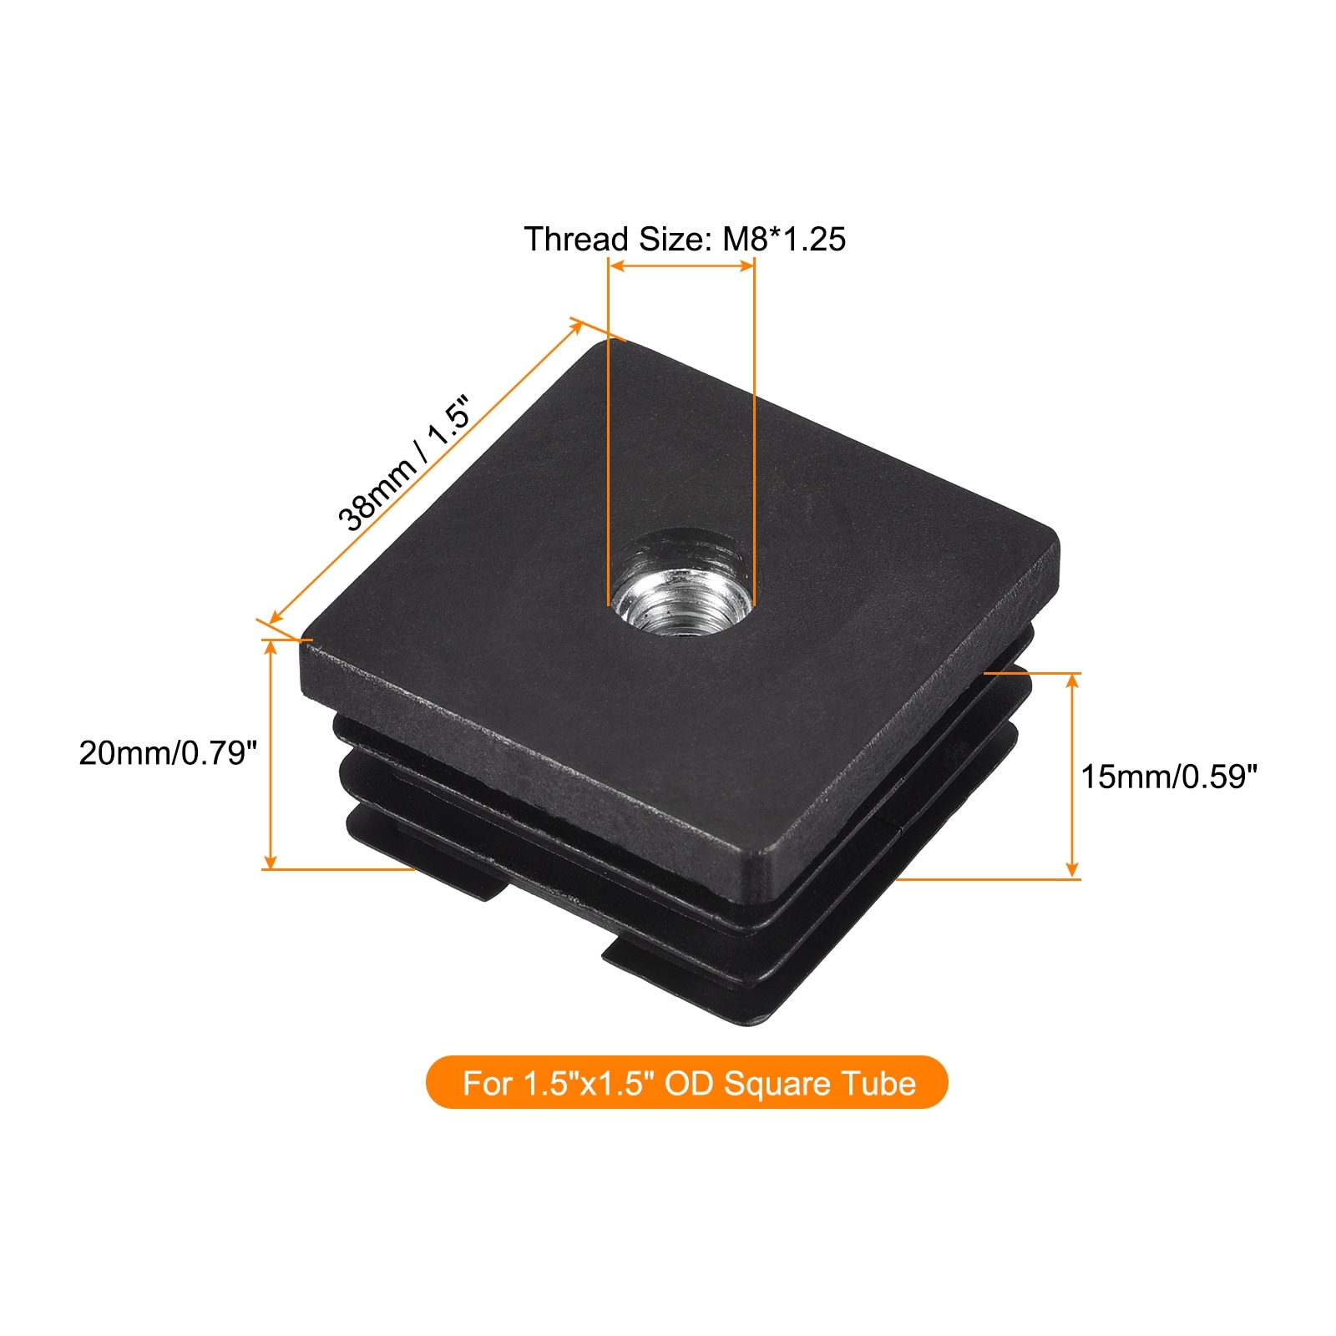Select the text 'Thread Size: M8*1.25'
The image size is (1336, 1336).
[x=685, y=239]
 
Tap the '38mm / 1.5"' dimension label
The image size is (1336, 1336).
[x=405, y=463]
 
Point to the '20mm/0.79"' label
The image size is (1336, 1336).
[x=168, y=753]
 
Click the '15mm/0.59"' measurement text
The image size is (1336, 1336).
[x=1169, y=777]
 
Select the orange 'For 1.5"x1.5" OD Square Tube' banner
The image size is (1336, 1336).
[x=687, y=1083]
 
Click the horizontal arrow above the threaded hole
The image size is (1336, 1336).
[x=681, y=266]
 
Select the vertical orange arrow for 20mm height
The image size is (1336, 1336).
[x=270, y=755]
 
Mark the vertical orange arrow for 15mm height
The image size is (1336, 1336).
[x=1073, y=776]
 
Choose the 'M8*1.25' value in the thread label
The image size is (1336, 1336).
[x=784, y=239]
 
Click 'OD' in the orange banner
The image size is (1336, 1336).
[x=690, y=1083]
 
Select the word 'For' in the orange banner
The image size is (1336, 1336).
[x=488, y=1083]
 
